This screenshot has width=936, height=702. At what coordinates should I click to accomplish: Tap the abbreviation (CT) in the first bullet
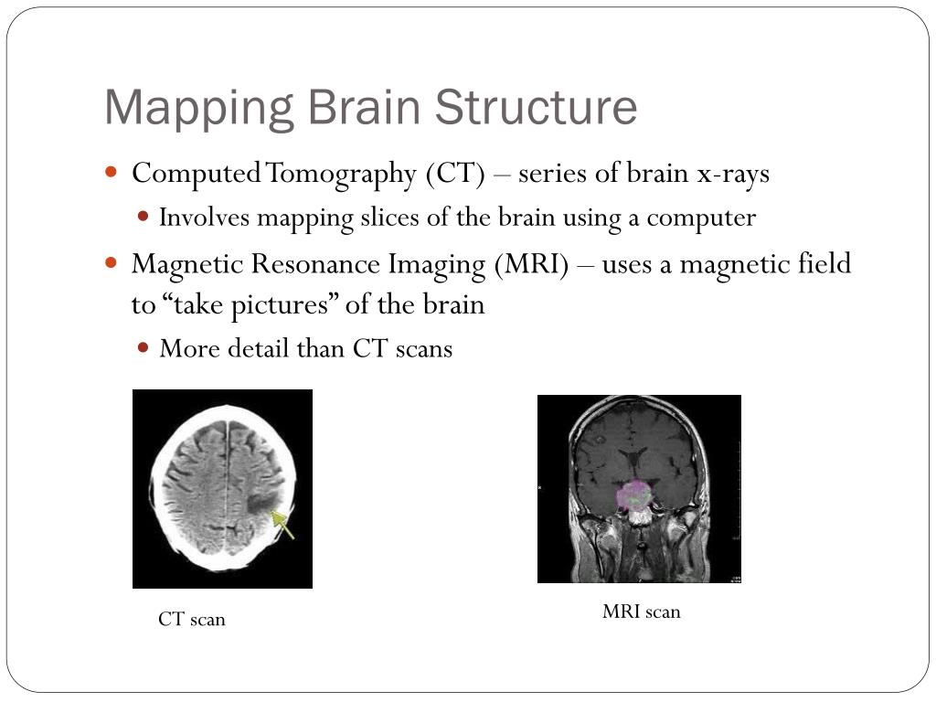453,174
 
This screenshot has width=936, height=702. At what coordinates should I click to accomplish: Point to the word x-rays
733,174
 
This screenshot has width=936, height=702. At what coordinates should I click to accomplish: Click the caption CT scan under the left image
192,620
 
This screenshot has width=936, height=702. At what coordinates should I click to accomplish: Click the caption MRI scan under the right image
641,612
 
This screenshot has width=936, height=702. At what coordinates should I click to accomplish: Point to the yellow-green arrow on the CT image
283,524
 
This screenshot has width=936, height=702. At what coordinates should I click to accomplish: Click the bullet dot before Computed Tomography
112,172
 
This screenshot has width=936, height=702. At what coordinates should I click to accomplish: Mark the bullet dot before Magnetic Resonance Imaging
112,262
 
